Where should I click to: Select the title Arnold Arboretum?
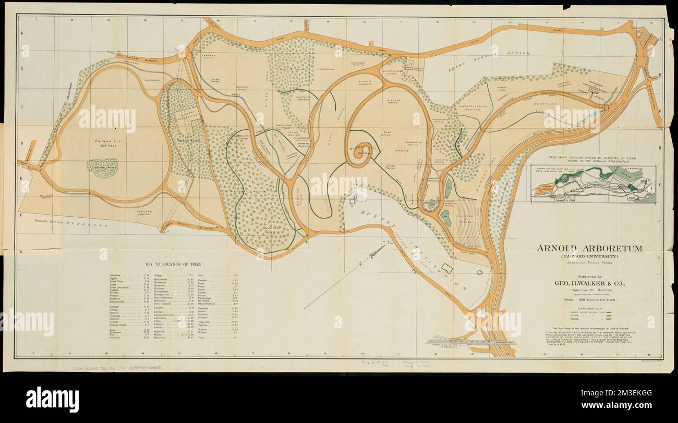[x=589, y=248]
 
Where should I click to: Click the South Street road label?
[x=198, y=227]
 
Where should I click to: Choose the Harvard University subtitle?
[x=589, y=256]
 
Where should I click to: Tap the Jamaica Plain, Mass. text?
[x=589, y=265]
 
